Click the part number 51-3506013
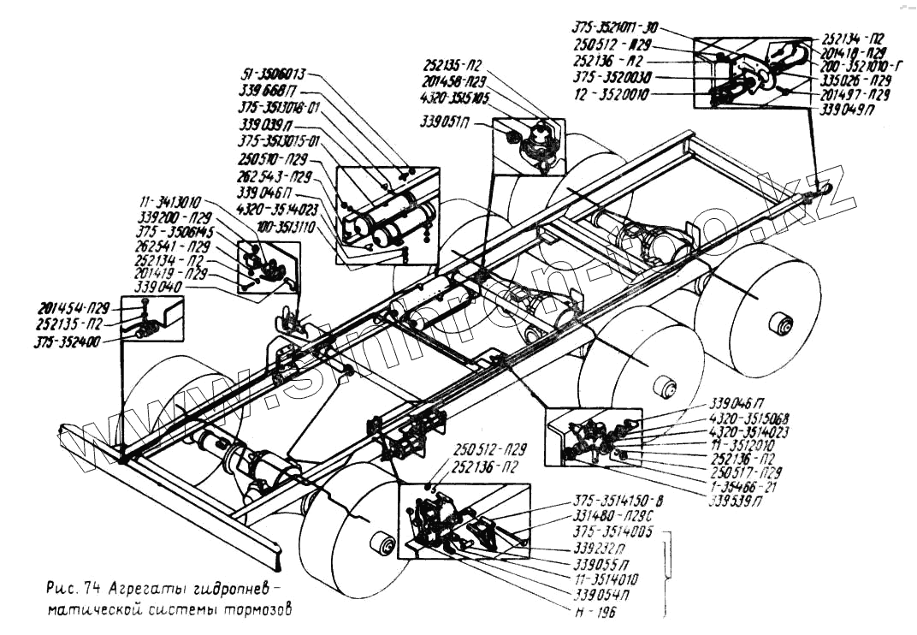point(275,74)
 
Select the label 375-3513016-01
point(278,108)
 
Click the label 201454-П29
point(74,308)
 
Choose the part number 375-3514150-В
point(617,501)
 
